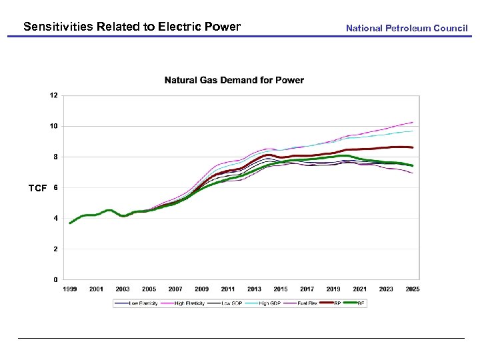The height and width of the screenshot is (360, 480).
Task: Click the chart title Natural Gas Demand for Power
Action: tap(234, 80)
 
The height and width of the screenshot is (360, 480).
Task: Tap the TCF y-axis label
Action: tap(37, 189)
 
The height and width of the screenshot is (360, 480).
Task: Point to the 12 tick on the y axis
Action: tap(53, 95)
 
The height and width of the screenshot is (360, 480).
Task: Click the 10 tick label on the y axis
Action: tap(53, 126)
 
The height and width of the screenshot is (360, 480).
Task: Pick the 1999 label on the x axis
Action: tap(70, 289)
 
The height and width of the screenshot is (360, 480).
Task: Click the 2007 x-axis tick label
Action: tap(175, 289)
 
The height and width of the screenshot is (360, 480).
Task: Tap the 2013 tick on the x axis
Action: tap(254, 289)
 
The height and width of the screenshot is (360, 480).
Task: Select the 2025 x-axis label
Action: tap(412, 289)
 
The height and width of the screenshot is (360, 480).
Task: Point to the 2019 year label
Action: tap(333, 289)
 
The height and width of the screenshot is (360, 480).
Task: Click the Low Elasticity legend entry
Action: tap(139, 303)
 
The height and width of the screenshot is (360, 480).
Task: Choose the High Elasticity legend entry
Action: tap(189, 303)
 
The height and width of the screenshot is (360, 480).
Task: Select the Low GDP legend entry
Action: tap(231, 303)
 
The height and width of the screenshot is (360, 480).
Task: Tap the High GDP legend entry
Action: tap(269, 303)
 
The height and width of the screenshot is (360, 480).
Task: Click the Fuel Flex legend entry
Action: tap(307, 303)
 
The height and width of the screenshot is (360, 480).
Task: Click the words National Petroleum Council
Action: tap(407, 28)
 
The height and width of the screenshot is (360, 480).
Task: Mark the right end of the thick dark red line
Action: tap(413, 147)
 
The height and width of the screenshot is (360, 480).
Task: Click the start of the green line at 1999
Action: tap(70, 223)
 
